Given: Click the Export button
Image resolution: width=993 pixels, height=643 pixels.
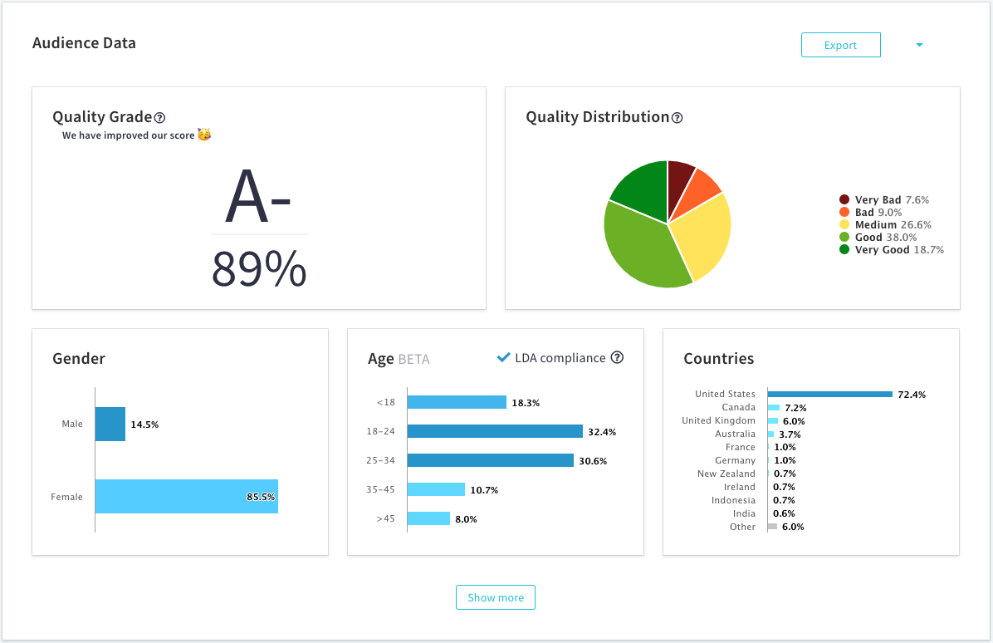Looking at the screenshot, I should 840,46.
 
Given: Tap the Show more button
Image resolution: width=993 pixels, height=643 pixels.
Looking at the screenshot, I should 496,597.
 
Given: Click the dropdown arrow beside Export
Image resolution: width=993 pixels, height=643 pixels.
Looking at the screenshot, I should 919,46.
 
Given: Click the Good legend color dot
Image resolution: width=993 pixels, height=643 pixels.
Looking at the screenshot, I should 844,238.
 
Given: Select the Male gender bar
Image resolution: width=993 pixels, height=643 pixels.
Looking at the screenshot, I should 110,424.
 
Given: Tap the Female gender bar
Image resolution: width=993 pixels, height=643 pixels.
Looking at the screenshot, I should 186,497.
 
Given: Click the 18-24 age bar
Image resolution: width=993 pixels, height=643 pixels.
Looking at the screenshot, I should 495,432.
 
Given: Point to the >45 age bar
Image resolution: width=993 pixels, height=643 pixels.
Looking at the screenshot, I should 428,519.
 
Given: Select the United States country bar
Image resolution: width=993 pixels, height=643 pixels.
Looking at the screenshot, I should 830,394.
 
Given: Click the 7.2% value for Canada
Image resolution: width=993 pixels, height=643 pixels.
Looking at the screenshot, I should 795,408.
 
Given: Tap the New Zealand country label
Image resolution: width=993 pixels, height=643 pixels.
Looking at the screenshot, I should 726,474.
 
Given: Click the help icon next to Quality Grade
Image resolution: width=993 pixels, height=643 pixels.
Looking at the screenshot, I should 160,118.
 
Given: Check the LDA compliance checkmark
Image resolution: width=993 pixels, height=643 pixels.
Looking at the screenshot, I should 503,357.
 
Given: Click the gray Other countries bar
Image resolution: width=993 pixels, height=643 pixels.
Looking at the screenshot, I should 772,527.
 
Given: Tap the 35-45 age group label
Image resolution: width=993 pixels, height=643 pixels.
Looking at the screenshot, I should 380,490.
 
